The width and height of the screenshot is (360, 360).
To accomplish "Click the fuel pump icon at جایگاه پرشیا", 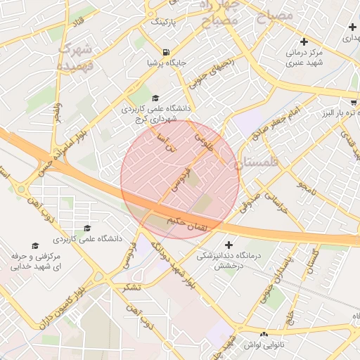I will pyautogui.click(x=165, y=51).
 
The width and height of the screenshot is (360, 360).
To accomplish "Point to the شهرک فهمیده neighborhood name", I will pyautogui.click(x=77, y=56).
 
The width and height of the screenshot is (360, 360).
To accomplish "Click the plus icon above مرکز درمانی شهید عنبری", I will pyautogui.click(x=304, y=41).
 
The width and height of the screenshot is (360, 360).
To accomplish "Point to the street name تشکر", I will pyautogui.click(x=131, y=287).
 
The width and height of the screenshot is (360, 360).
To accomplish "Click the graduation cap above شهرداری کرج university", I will pyautogui.click(x=155, y=98).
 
